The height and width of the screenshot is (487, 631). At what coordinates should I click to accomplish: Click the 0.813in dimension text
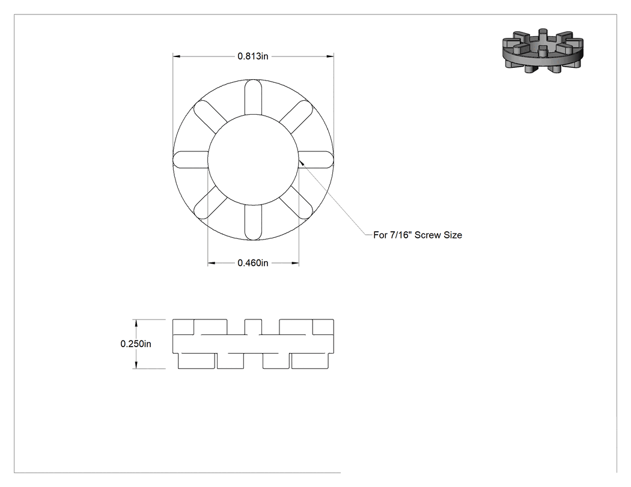coord(253,56)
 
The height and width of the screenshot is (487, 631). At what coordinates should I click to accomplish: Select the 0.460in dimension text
coord(253,263)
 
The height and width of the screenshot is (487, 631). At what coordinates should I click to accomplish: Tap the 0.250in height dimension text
coord(136,344)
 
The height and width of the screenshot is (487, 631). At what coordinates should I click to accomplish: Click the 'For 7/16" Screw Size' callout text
coord(417,235)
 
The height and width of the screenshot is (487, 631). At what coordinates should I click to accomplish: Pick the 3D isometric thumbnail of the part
coord(543,50)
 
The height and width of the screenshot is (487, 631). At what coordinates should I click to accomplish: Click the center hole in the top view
coord(253,160)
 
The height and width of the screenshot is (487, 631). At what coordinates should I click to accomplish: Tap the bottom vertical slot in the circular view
coord(253,222)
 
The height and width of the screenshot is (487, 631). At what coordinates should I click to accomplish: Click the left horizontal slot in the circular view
coord(191,160)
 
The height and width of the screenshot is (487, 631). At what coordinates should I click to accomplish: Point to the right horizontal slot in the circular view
coord(316,160)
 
